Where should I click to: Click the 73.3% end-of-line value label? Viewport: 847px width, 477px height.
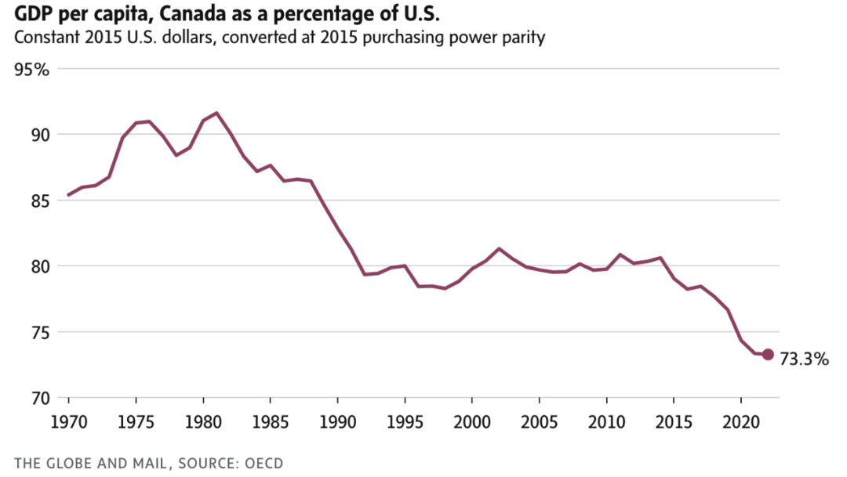804,360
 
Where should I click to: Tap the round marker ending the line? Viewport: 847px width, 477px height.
768,355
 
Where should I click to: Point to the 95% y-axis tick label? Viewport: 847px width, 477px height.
31,70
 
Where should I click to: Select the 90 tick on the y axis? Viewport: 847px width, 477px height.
38,135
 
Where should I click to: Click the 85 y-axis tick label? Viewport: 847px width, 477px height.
38,201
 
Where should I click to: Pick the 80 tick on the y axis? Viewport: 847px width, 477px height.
38,266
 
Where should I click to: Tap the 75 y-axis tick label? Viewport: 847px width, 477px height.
38,332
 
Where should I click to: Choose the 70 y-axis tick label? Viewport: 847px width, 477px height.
38,397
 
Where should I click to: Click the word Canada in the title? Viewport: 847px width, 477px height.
176,13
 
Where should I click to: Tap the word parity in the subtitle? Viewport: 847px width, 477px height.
523,37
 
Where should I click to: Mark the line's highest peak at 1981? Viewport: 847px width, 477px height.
216,113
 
